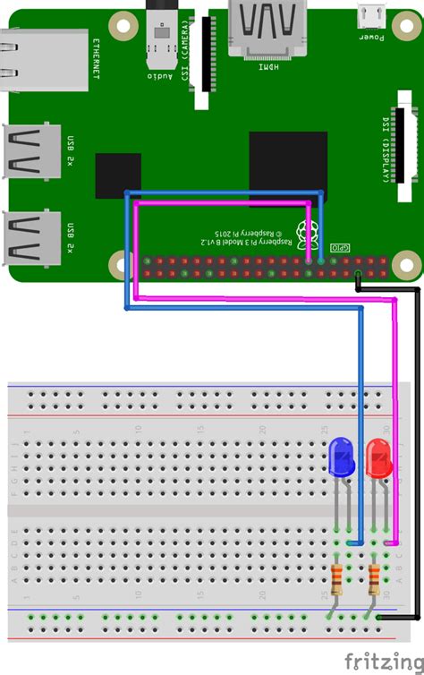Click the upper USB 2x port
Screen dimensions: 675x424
[x=34, y=150]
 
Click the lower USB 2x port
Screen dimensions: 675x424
[x=34, y=237]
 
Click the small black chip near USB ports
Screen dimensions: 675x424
[x=118, y=175]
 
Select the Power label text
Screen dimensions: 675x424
[x=371, y=37]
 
